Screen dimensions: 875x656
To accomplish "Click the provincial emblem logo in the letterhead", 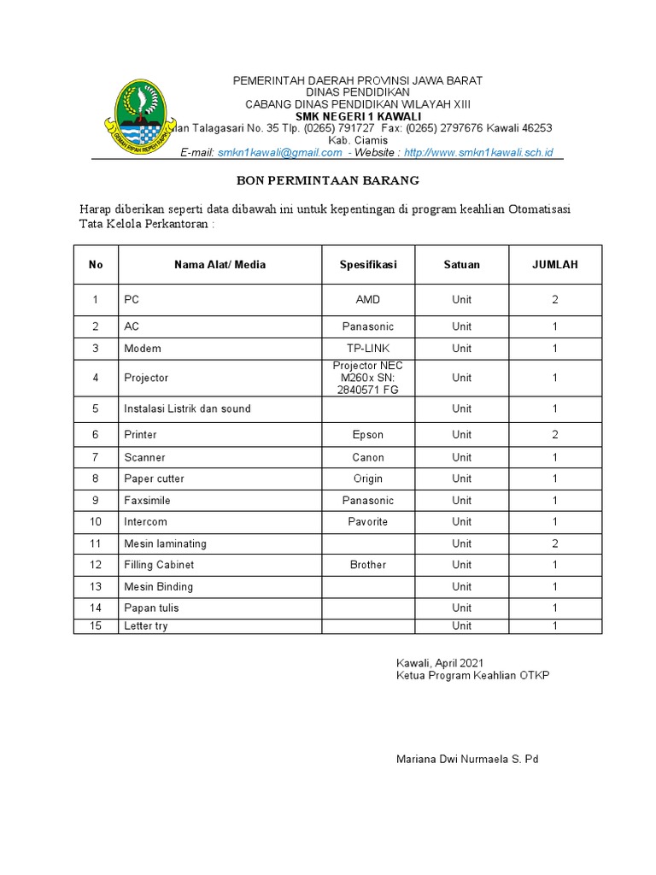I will point(136,115).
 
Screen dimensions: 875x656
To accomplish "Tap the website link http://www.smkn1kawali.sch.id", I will point(478,152).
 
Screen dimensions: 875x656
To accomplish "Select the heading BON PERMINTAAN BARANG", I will point(328,181).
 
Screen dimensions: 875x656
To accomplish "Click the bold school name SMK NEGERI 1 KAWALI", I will point(358,115).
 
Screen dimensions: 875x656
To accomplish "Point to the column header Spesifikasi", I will point(368,265).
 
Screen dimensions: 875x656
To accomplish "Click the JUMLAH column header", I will point(555,265).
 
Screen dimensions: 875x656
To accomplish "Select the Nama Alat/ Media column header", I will point(220,265).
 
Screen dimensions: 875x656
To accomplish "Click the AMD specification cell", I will point(368,300).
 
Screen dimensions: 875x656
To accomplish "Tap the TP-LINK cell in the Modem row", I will point(368,349).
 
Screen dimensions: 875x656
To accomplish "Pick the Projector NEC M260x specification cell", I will point(368,378).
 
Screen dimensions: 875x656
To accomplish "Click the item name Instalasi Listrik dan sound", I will point(187,408).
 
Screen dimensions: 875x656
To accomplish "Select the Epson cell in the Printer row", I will point(368,435).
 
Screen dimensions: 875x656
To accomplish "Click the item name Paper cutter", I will point(154,479).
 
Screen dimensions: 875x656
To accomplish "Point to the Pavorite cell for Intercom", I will point(368,521).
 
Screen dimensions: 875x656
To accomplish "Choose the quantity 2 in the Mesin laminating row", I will point(555,543).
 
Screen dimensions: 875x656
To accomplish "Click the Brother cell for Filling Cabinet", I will point(368,565).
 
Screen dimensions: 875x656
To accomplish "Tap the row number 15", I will point(96,626).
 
